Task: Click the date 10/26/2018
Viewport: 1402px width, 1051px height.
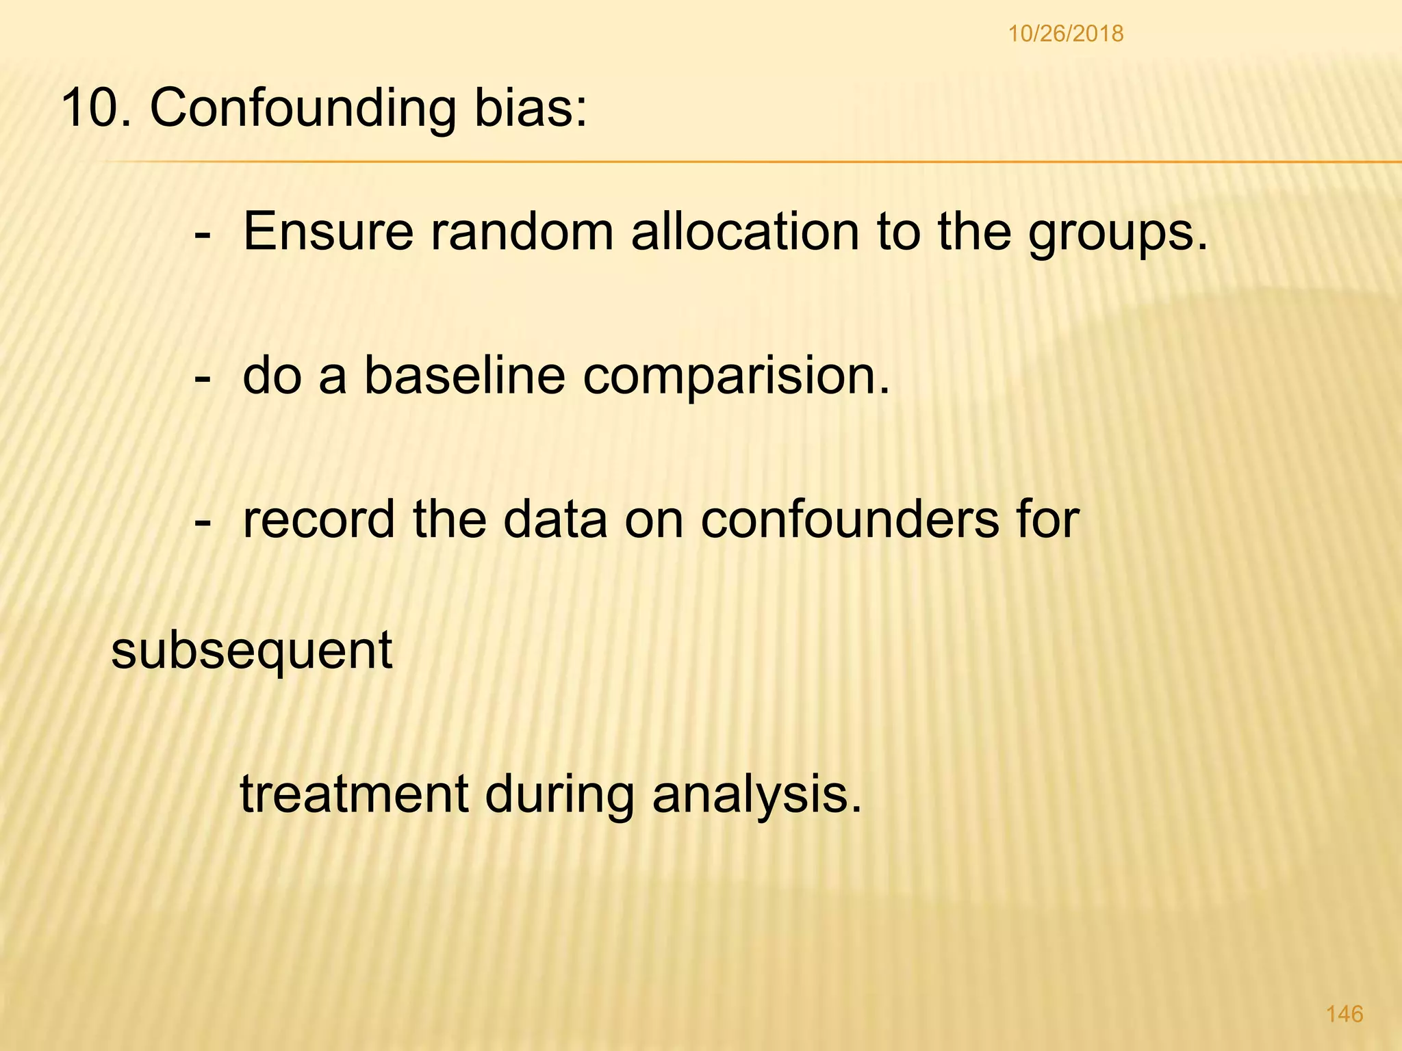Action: (1065, 34)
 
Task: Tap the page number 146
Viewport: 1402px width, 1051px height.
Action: (1344, 1013)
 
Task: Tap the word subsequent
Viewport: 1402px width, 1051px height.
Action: (251, 652)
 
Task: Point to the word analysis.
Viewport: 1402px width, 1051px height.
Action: (756, 796)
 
